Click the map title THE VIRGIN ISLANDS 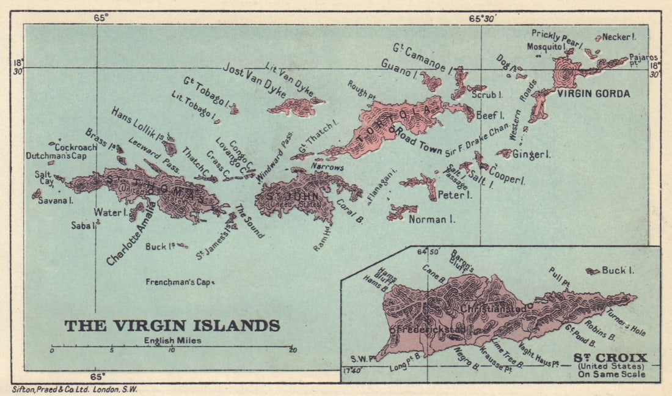point(172,326)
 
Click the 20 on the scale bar point(292,350)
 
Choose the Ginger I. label point(532,155)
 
